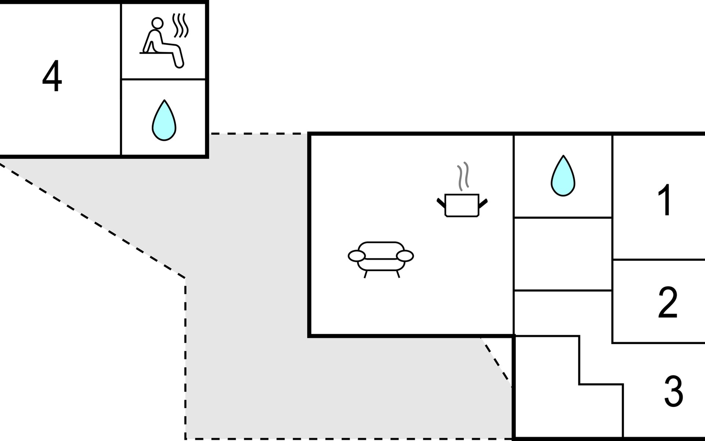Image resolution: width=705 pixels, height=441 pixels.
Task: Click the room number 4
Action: coord(52,76)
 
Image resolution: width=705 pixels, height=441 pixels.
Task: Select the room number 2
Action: coord(668,302)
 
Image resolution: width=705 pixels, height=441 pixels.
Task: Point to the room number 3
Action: coord(673,390)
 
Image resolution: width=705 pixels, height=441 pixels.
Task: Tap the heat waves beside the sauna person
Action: coord(181,25)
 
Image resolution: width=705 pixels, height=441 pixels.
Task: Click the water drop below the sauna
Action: coord(164,120)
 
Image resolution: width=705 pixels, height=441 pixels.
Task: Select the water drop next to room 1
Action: coord(563,176)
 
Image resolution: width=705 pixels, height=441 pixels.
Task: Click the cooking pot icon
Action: coord(462,205)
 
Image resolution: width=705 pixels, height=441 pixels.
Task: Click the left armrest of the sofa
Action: coord(357,256)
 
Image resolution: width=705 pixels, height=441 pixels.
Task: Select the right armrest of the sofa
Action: coord(405,256)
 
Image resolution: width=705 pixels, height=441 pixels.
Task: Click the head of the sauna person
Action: coord(157,23)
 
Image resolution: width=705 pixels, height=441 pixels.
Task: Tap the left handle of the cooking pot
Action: coord(441,203)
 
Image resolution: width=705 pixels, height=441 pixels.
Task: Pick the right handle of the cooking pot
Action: coord(483,203)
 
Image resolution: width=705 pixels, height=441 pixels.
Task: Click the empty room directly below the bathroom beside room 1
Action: coord(563,254)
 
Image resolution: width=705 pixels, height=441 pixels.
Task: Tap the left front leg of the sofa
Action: coord(365,274)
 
